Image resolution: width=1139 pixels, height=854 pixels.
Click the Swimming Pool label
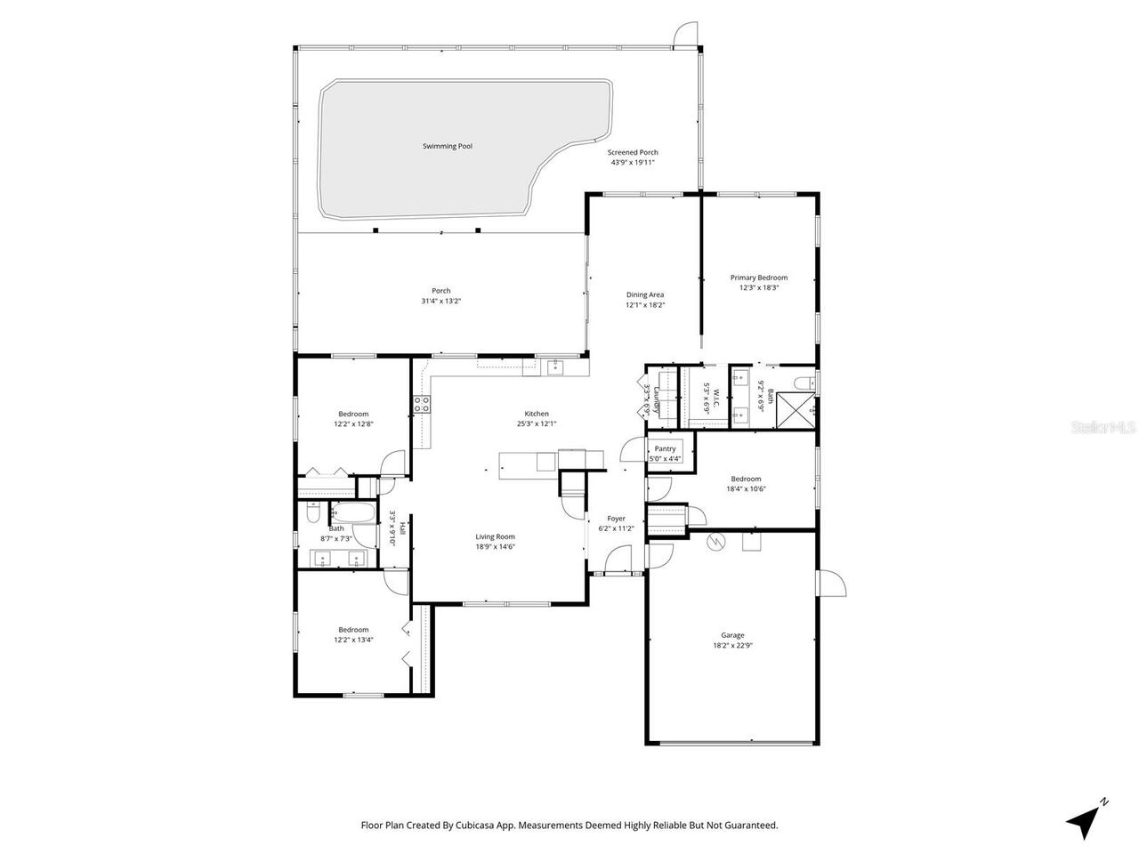(447, 146)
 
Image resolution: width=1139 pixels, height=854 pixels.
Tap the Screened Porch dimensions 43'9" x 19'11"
(633, 163)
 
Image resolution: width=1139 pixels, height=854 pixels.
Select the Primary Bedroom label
(759, 278)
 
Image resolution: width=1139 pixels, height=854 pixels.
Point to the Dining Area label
(645, 294)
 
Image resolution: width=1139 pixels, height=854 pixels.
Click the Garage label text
(732, 635)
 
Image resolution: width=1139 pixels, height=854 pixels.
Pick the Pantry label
(666, 449)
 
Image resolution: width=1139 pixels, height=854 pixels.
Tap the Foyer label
(616, 519)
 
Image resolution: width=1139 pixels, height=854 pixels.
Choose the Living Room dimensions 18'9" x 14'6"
(495, 547)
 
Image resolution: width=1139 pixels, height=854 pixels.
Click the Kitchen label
(537, 414)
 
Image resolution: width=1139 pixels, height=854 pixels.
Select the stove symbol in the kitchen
(422, 405)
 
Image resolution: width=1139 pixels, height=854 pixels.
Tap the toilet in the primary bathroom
(804, 383)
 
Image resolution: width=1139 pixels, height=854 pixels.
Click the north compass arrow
(1086, 819)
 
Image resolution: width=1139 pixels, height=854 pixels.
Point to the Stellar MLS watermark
(1103, 427)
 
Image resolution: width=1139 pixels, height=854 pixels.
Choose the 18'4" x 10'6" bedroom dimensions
(746, 488)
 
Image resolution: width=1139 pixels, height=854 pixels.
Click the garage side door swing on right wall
(832, 584)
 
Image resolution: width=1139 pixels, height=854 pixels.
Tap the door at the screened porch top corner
(686, 34)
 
